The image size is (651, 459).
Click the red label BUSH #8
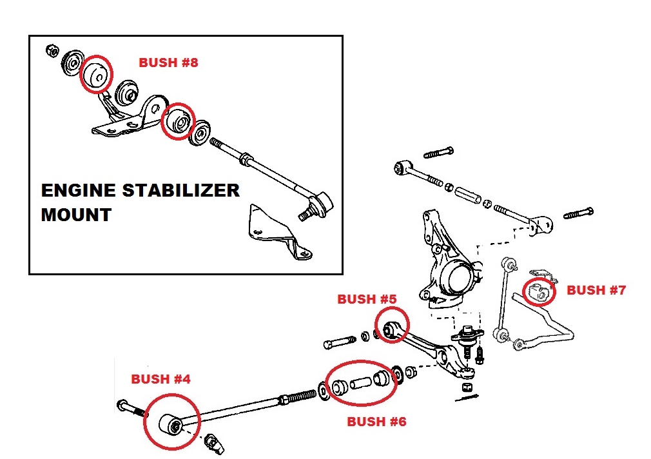(168, 63)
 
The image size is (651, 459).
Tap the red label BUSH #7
(596, 290)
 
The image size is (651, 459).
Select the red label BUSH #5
(367, 299)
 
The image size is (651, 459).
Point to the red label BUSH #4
(160, 379)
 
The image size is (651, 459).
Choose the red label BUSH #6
(376, 422)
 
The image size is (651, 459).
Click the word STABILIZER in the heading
(180, 191)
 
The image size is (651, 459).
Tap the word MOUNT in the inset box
(76, 215)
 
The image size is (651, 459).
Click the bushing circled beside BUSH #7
(538, 291)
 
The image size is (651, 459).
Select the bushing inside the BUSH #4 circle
(171, 425)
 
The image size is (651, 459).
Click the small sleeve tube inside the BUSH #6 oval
(361, 382)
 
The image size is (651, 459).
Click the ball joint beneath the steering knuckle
(467, 337)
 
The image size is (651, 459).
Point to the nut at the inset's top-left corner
(52, 51)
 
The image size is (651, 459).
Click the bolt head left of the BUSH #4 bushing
(123, 405)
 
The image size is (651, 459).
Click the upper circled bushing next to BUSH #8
(96, 74)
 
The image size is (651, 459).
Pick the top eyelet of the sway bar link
(509, 264)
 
